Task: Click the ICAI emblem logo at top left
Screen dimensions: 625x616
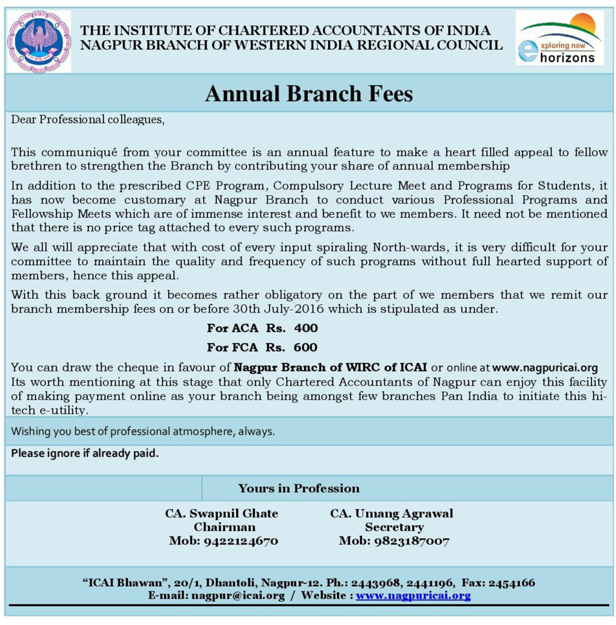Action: [38, 41]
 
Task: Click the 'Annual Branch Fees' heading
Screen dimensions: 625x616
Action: [309, 95]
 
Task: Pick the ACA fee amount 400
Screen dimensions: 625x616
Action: [305, 328]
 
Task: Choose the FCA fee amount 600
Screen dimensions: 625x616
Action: [305, 348]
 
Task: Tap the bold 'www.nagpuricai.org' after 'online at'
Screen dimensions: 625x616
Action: [545, 368]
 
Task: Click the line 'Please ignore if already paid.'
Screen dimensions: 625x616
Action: [85, 453]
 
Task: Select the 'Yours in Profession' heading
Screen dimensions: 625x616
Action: [299, 488]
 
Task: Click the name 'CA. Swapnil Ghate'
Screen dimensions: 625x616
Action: [222, 513]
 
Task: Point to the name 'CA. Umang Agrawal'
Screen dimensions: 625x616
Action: [392, 513]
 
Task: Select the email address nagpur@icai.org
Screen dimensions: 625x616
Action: [238, 595]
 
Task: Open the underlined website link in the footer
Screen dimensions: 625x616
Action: [413, 595]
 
